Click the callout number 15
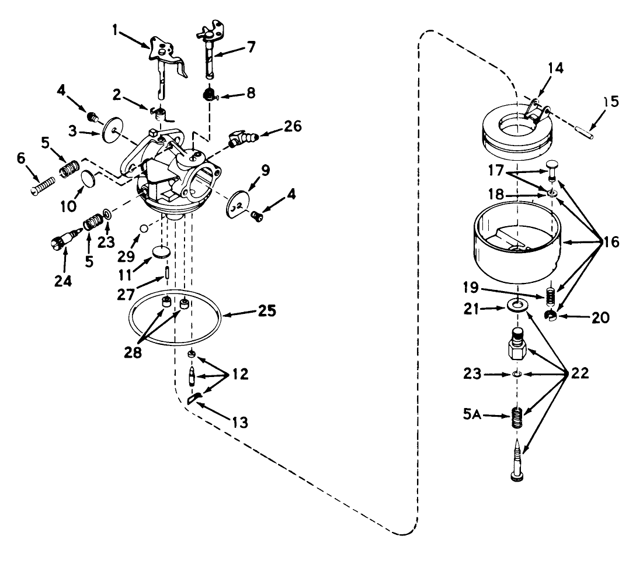pyautogui.click(x=611, y=102)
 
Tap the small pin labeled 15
pyautogui.click(x=585, y=132)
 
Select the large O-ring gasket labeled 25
pyautogui.click(x=175, y=317)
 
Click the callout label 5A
pyautogui.click(x=472, y=414)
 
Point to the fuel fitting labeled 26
pyautogui.click(x=241, y=138)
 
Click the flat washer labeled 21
pyautogui.click(x=517, y=305)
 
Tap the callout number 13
pyautogui.click(x=239, y=421)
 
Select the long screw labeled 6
pyautogui.click(x=43, y=186)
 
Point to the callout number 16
pyautogui.click(x=611, y=242)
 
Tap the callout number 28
pyautogui.click(x=133, y=352)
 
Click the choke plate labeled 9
pyautogui.click(x=238, y=203)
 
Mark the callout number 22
pyautogui.click(x=579, y=373)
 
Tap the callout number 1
pyautogui.click(x=115, y=30)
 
